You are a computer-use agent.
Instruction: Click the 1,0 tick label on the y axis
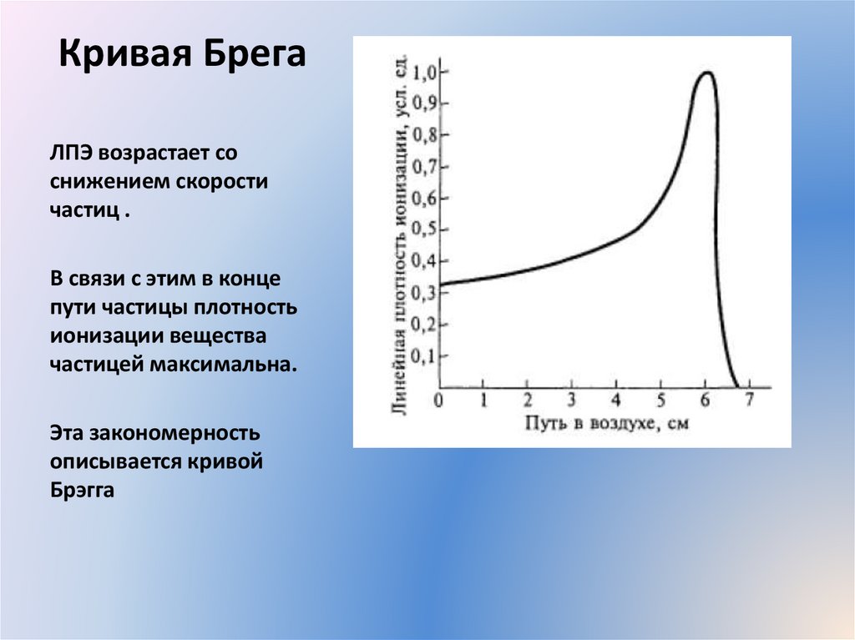[425, 73]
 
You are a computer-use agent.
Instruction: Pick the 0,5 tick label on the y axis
[425, 229]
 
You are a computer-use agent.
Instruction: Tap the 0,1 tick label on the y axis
[425, 355]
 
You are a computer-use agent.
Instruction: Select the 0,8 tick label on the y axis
[425, 136]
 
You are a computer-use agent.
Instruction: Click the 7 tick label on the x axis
[749, 400]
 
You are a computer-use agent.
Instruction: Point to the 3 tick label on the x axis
[571, 400]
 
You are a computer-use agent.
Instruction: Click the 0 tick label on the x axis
[439, 400]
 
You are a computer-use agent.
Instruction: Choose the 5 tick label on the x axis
[660, 400]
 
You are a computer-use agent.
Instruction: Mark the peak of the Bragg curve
[706, 73]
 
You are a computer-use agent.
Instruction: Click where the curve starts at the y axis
[441, 285]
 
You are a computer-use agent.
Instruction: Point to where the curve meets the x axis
[736, 386]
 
